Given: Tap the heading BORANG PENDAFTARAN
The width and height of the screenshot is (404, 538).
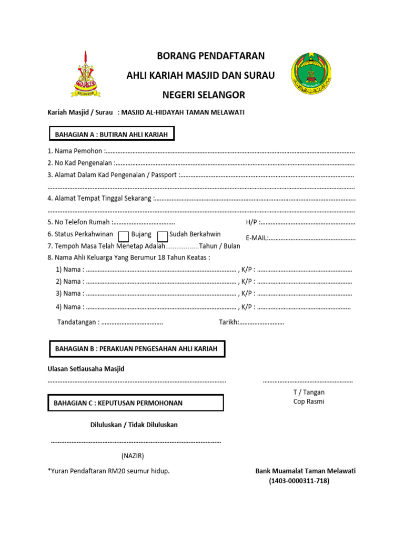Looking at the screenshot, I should tap(211, 56).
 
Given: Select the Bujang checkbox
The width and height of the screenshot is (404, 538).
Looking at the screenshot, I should tap(124, 236).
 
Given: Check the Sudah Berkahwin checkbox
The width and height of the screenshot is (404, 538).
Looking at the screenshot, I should tap(163, 236).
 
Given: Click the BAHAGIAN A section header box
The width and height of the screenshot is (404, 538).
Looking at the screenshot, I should tap(111, 134).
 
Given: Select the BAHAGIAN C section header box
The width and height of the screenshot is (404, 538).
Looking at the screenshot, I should tap(136, 403).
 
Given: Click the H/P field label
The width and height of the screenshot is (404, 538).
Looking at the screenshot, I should tap(251, 222).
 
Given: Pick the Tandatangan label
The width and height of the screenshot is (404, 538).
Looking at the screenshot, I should tap(78, 322).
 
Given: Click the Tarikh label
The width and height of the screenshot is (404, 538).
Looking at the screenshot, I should tap(229, 322).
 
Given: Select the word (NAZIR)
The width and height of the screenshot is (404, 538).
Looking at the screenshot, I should tap(133, 456).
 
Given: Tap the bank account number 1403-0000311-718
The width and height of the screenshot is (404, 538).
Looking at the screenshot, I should tap(299, 481).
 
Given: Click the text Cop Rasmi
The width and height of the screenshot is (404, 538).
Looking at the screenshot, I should tap(309, 402).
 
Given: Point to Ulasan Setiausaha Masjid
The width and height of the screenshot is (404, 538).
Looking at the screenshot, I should tap(86, 369).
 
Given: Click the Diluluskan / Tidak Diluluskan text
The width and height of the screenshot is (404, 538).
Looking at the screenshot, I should tap(134, 425).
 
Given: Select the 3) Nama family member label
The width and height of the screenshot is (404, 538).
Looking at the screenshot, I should tap(70, 293).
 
